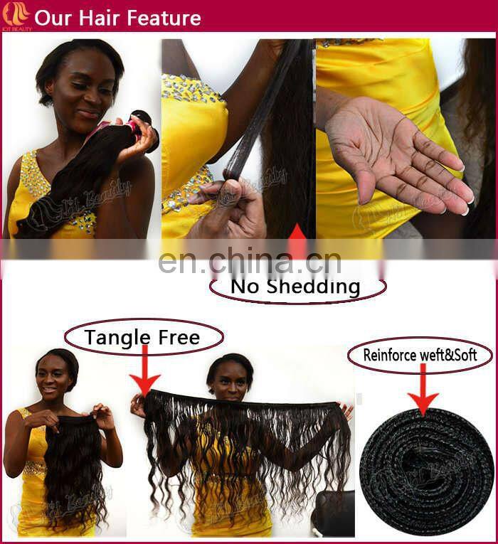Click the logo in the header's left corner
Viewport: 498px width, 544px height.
(x=16, y=15)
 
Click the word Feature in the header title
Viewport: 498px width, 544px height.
(x=160, y=18)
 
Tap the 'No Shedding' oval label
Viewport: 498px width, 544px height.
(x=297, y=287)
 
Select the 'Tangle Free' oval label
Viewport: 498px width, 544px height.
(x=142, y=337)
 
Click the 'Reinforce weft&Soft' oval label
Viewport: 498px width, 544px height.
(x=420, y=355)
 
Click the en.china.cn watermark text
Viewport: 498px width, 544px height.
(x=249, y=261)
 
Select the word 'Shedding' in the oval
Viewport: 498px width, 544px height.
(x=317, y=287)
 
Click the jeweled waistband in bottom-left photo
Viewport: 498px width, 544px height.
(x=36, y=469)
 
